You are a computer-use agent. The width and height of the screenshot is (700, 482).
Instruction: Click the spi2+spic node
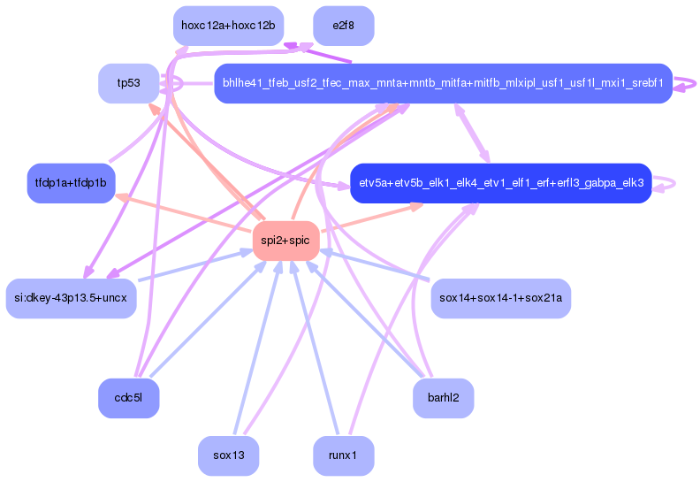[285, 241]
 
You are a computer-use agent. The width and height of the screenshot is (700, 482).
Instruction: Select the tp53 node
[128, 83]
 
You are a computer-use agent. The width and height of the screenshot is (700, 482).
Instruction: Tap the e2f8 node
[343, 26]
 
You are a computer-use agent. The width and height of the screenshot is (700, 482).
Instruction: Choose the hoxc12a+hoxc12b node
[228, 26]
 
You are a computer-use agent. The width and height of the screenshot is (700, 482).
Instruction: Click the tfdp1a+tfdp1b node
[71, 183]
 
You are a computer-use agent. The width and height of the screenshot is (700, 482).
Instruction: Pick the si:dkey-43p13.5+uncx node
[71, 298]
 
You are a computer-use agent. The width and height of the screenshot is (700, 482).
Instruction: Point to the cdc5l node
[128, 398]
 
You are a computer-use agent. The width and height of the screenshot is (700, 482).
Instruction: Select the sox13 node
[229, 455]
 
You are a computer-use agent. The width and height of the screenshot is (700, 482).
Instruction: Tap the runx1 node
[343, 455]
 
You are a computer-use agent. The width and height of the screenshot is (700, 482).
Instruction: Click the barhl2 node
[444, 398]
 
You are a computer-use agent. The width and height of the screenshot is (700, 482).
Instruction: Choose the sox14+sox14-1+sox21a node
[501, 298]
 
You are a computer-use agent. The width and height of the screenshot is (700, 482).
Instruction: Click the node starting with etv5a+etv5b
[501, 183]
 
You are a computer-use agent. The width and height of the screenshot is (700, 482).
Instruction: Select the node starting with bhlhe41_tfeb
[444, 83]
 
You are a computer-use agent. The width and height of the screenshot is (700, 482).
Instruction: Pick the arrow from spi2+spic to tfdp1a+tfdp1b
[183, 212]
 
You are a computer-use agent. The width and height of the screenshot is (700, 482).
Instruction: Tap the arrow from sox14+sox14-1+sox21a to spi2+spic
[375, 265]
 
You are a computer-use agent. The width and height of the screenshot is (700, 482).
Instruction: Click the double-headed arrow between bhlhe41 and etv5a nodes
[472, 134]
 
